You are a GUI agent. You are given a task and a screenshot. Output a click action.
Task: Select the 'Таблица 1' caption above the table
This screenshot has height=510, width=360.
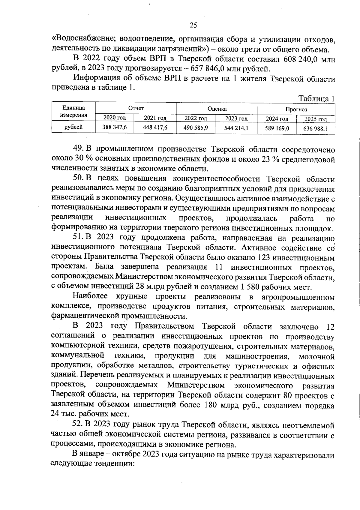coord(316,98)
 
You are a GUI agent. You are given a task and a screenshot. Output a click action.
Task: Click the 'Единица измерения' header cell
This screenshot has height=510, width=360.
coord(73,112)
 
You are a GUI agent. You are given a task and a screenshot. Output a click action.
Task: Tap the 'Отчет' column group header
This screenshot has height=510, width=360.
coord(136,108)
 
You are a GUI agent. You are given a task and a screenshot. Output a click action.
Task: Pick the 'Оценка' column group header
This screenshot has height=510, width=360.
coord(217,109)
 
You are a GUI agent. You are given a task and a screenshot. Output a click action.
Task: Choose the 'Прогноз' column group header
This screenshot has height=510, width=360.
coord(296,109)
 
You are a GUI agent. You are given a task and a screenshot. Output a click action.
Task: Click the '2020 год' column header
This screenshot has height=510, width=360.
coord(114,118)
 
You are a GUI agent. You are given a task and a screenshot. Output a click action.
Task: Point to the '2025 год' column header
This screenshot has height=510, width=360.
coord(315,119)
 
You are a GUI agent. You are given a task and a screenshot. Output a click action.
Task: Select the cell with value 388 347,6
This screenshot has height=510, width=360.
coord(114,127)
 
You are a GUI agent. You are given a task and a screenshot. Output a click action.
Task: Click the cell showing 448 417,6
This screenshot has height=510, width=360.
coord(155,128)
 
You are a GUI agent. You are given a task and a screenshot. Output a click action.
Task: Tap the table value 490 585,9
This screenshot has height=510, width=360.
coord(196,128)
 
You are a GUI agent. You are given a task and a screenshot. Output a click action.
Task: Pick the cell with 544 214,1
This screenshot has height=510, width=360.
coord(236,128)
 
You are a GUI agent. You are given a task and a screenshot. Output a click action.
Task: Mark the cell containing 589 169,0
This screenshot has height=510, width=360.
coord(277,129)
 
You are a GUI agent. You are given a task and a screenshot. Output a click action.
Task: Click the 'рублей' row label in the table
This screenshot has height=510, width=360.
coord(73,127)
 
